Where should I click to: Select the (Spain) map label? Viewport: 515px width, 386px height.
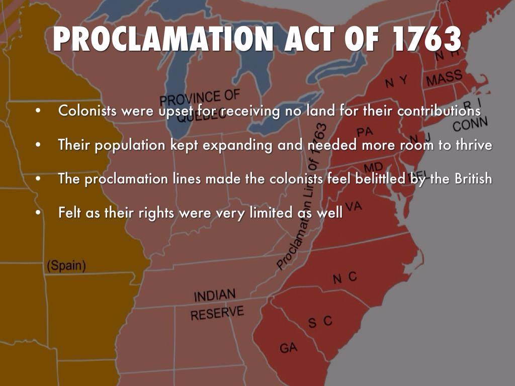pyautogui.click(x=66, y=265)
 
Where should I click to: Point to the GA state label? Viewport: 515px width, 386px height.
pyautogui.click(x=288, y=347)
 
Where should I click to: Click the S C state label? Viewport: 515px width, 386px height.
pyautogui.click(x=320, y=322)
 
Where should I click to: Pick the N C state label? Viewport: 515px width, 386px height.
pyautogui.click(x=345, y=277)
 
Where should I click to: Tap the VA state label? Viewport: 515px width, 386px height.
pyautogui.click(x=354, y=206)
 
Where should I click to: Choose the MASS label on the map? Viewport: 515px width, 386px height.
pyautogui.click(x=444, y=78)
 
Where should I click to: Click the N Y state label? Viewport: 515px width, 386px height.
pyautogui.click(x=396, y=82)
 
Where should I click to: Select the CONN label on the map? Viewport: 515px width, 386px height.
pyautogui.click(x=470, y=124)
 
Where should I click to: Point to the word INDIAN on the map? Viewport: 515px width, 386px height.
pyautogui.click(x=215, y=295)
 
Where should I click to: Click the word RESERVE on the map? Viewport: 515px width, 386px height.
pyautogui.click(x=217, y=313)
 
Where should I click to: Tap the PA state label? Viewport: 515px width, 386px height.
pyautogui.click(x=365, y=132)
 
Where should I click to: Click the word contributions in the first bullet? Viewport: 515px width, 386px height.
pyautogui.click(x=439, y=111)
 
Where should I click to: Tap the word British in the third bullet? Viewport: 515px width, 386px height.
pyautogui.click(x=473, y=178)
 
